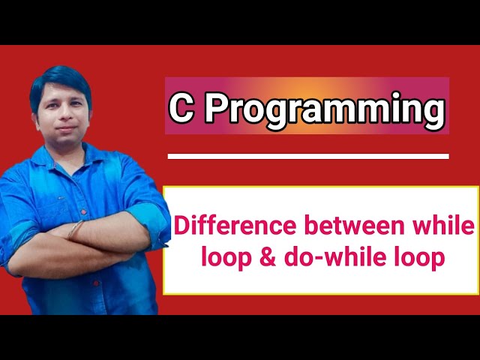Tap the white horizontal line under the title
(x=308, y=157)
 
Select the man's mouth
(x=64, y=128)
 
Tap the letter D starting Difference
(x=181, y=225)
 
